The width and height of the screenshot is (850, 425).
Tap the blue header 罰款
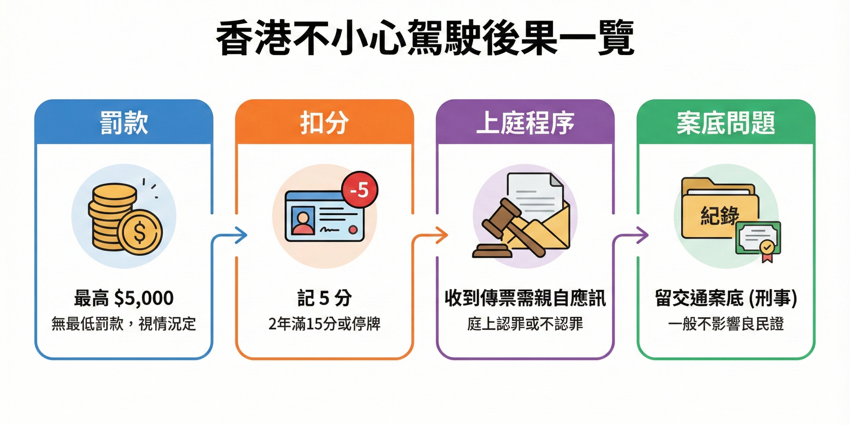coord(124,123)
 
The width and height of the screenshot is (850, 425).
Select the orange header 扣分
coord(324,123)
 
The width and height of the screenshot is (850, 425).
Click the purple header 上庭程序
coord(525,123)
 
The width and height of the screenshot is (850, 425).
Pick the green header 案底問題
coord(726,123)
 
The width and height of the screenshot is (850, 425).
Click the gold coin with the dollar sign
coord(140,232)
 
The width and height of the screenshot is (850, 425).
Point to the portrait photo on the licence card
coord(303,220)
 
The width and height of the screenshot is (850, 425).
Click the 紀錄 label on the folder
coord(720,216)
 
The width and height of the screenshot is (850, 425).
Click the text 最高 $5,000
coord(124,298)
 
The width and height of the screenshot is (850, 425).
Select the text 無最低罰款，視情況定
coord(124,324)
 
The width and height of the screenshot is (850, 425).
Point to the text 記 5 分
coord(324,298)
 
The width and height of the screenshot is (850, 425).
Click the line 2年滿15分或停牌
coord(324,324)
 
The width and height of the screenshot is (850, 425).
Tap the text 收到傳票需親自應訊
coord(525,298)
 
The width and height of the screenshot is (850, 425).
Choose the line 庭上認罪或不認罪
coord(525,324)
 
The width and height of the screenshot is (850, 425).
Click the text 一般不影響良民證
coord(726,324)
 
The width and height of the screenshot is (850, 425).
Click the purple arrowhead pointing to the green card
coord(643,235)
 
